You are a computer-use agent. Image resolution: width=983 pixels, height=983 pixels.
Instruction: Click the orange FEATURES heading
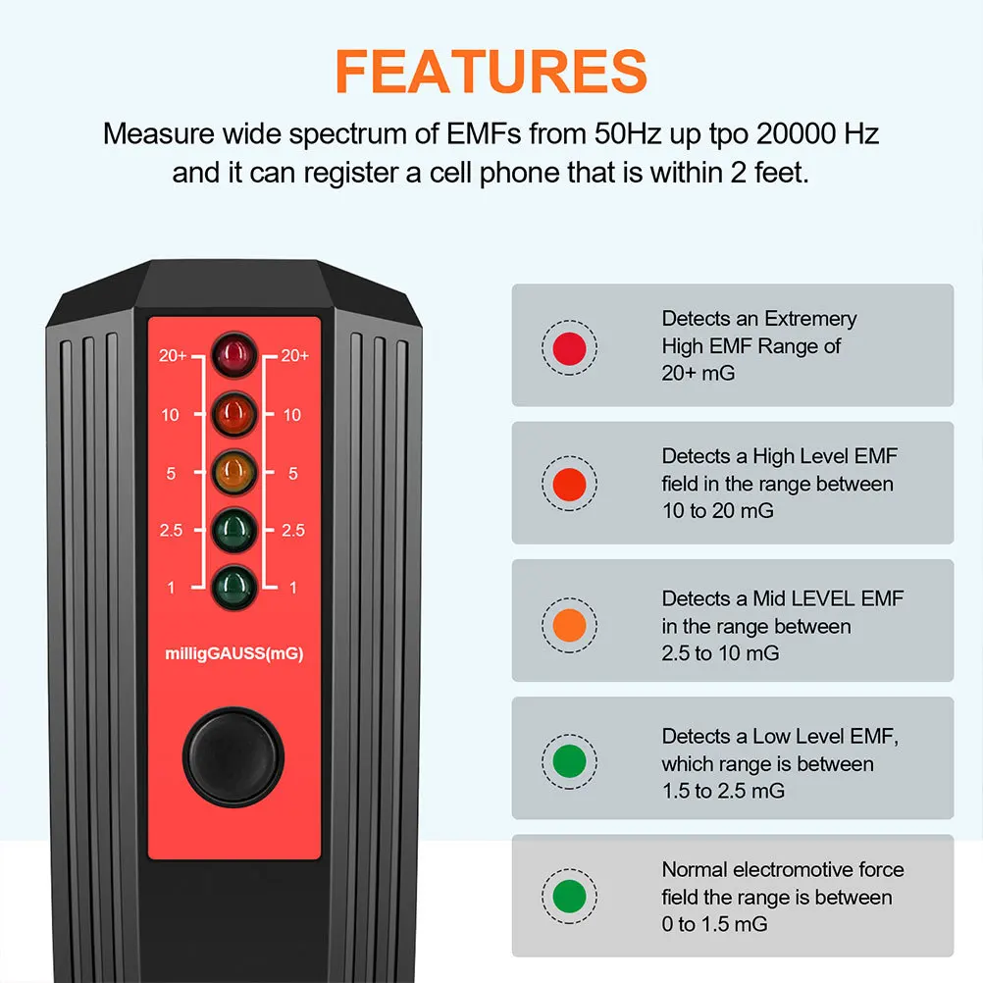click(x=491, y=71)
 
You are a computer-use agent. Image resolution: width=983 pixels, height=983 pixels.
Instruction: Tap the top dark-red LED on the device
click(x=233, y=356)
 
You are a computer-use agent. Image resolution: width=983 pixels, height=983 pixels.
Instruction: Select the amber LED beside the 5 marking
click(x=233, y=472)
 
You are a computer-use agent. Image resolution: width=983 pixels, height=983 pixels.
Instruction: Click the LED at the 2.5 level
click(x=233, y=530)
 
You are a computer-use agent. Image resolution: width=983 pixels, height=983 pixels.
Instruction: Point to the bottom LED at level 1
click(x=233, y=587)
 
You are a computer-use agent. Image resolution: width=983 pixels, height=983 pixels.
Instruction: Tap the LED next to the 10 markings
click(x=233, y=414)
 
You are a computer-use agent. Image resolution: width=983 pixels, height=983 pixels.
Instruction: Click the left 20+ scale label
click(x=173, y=356)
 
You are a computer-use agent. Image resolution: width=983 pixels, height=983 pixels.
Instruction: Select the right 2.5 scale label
click(x=293, y=531)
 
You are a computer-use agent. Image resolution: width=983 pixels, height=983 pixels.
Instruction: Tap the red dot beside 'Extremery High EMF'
click(x=570, y=346)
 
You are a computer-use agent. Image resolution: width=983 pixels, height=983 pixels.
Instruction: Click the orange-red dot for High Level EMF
click(x=570, y=484)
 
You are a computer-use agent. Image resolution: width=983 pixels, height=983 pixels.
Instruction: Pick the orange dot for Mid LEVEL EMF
click(x=570, y=625)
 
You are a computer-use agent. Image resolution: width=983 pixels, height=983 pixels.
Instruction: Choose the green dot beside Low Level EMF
click(x=570, y=761)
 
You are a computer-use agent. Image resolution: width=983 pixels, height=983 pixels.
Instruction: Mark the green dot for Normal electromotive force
click(x=570, y=897)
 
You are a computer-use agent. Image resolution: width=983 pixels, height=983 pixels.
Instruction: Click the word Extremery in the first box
click(x=810, y=319)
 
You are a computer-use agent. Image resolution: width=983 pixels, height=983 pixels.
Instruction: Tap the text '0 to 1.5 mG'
click(x=714, y=924)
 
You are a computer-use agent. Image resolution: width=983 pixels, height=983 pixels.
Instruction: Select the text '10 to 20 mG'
click(x=717, y=511)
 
